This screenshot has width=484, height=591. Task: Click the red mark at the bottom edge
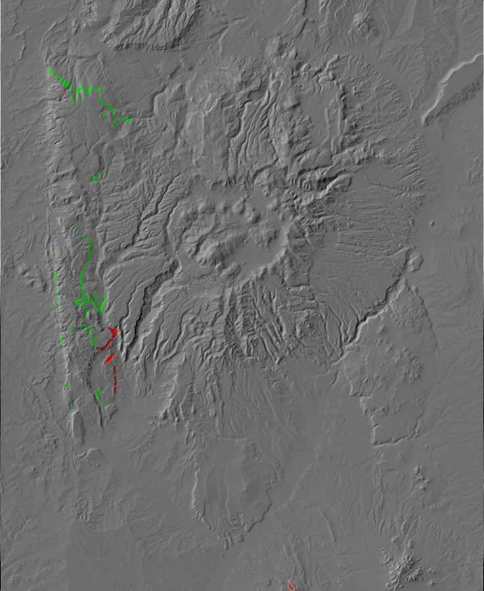[290, 584]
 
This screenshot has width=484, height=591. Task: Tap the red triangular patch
[114, 332]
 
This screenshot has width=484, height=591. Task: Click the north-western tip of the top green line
[49, 70]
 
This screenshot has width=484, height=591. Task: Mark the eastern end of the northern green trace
[129, 120]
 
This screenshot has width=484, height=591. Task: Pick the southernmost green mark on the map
[72, 411]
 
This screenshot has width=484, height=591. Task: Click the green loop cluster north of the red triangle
[92, 302]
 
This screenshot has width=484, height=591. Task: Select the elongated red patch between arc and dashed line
[109, 358]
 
